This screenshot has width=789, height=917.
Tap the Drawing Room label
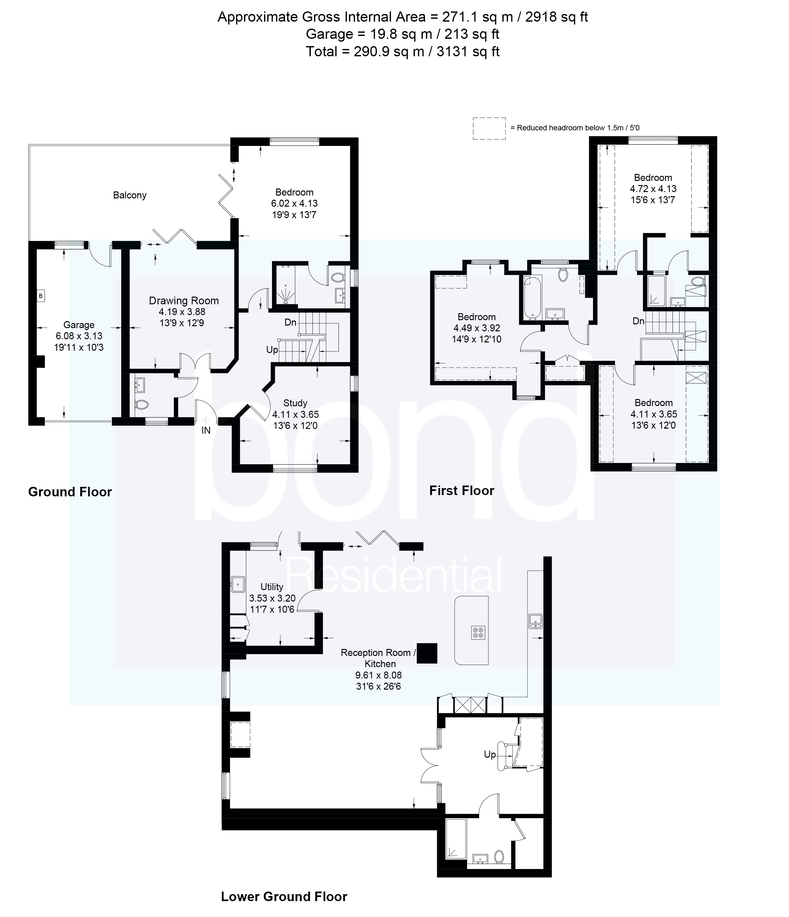pos(184,301)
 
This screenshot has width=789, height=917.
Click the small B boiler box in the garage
pos(41,296)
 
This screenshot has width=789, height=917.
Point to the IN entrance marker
pos(206,430)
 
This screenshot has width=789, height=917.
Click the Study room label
pos(295,403)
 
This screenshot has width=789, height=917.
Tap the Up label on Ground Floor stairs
pos(272,350)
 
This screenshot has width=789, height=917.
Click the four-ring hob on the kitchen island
pos(478,633)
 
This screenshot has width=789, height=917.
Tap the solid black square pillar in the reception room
pos(427,653)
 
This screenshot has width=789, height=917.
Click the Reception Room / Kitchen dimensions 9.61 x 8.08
pos(379,675)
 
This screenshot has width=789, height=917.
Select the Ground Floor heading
pos(70,492)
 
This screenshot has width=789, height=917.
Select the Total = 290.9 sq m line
pos(402,52)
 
